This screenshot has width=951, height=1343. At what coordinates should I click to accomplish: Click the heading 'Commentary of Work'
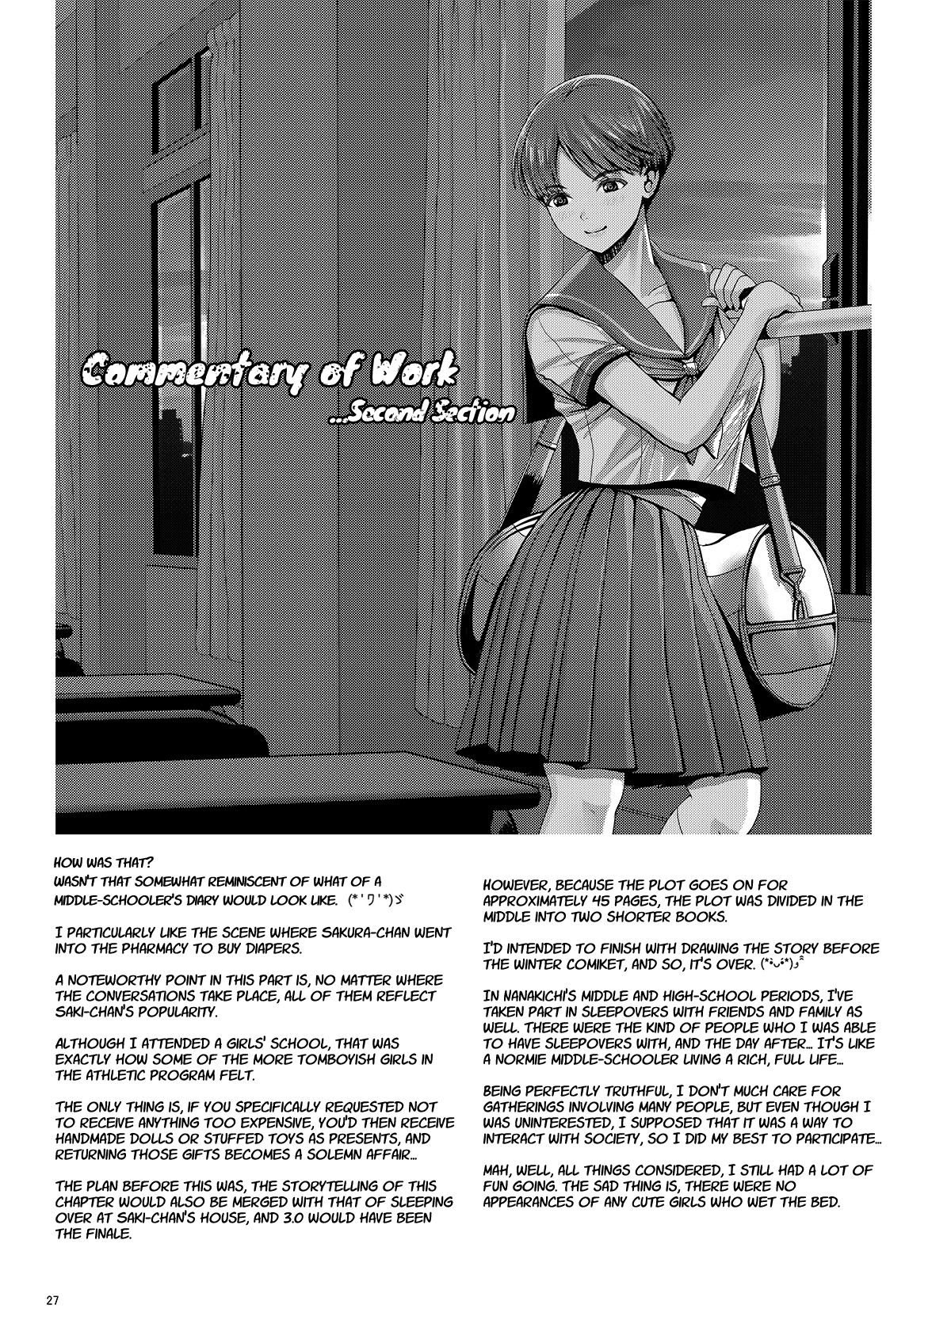[x=269, y=374]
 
